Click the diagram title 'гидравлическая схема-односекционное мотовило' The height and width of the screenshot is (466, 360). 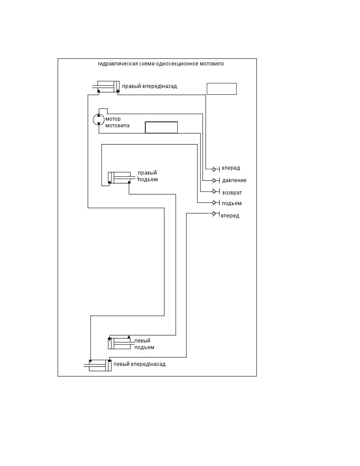161,64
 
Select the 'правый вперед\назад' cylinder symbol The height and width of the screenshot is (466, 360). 106,87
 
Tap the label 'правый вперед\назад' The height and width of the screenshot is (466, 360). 149,86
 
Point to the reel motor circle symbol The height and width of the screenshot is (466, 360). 98,120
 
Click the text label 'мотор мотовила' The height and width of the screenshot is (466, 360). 117,122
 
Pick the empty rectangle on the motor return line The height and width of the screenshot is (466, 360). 161,128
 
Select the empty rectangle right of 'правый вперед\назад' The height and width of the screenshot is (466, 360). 222,89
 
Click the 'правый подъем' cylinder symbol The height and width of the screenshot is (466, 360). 122,178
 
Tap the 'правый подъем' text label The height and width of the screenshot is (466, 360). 148,176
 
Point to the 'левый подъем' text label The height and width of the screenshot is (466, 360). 144,344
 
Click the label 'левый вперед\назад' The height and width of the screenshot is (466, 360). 139,364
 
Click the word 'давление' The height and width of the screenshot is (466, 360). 234,180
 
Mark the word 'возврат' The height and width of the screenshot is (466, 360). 232,192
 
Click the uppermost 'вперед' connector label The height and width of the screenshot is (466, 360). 231,168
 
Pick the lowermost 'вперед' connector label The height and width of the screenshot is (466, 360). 230,215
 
